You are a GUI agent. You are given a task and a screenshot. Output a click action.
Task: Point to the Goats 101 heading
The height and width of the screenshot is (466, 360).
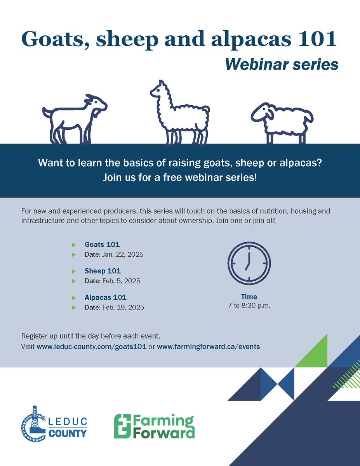(x=102, y=245)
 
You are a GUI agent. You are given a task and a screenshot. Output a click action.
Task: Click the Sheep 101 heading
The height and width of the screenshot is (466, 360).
(x=103, y=271)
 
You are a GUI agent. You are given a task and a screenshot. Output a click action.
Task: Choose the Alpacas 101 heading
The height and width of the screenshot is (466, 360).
(x=106, y=297)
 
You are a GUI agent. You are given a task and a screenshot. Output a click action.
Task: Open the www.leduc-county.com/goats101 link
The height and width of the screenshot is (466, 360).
(x=92, y=347)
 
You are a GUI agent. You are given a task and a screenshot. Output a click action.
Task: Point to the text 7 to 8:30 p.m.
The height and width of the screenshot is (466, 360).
(x=249, y=306)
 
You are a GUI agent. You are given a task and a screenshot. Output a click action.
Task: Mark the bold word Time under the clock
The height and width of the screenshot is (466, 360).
(x=249, y=297)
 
